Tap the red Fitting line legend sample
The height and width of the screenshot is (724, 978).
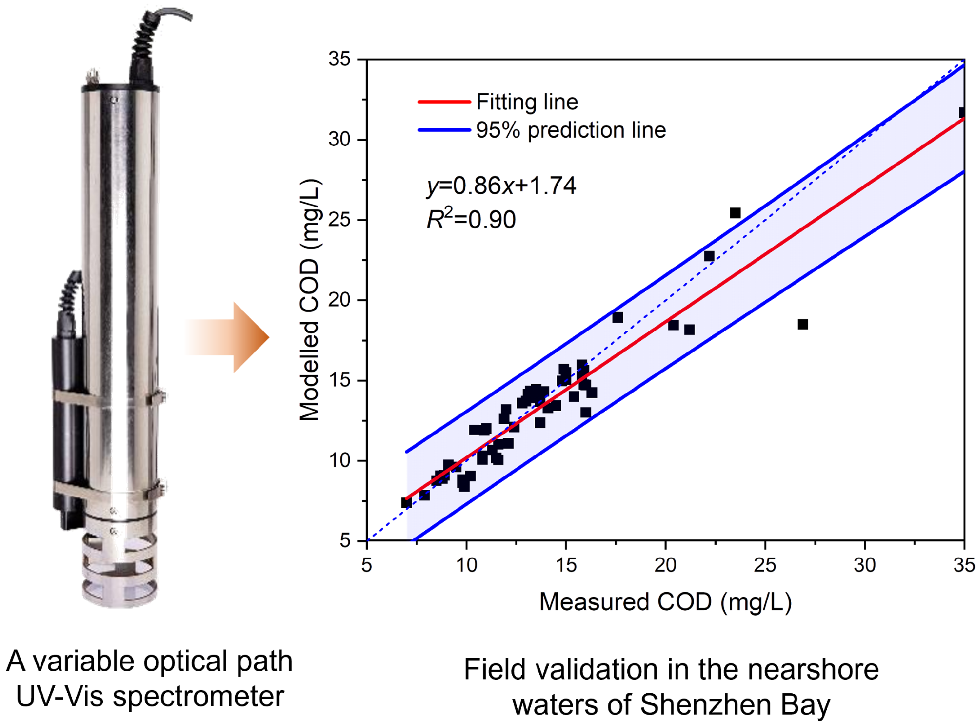444,102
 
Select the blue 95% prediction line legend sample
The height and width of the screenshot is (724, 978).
444,130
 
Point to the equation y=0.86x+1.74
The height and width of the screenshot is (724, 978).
501,186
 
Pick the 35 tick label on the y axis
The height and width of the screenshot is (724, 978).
339,59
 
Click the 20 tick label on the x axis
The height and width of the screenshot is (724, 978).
665,565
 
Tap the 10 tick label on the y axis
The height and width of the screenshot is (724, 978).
339,460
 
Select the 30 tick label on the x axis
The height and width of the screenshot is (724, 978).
864,565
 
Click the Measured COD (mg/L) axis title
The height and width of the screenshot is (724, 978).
665,602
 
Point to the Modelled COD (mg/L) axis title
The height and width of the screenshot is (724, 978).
310,300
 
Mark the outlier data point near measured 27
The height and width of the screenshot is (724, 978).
802,324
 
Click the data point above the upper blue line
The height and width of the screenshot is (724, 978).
735,213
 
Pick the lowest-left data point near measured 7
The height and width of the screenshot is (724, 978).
406,503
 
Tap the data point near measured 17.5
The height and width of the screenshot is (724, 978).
617,317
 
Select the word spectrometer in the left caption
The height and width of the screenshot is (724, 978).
199,696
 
